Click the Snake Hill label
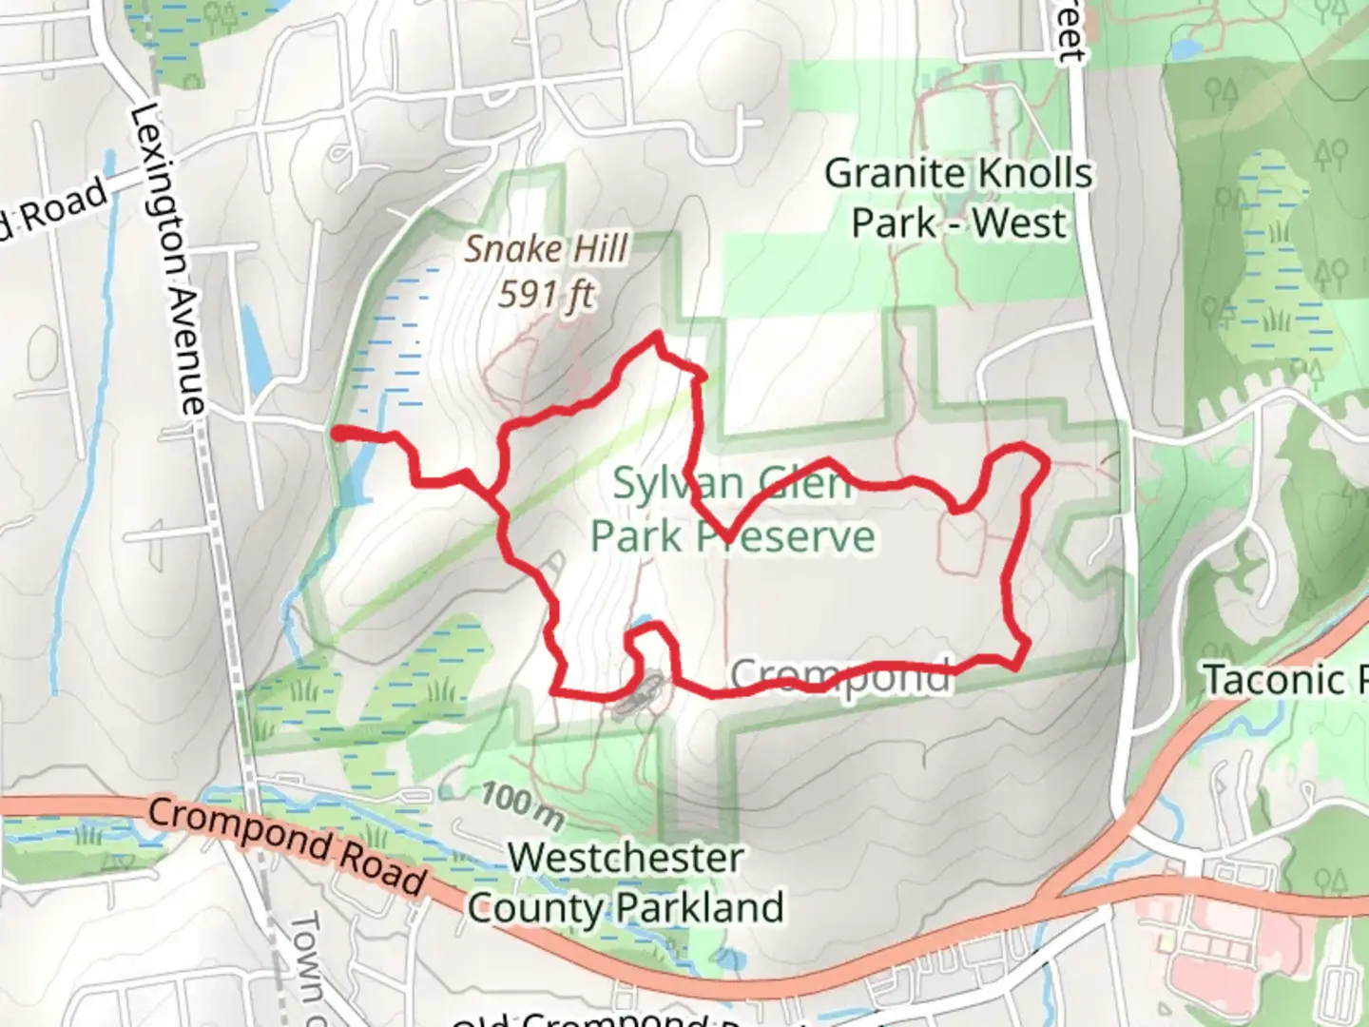pos(546,249)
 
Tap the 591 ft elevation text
pos(546,295)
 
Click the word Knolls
pos(1034,174)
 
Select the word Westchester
pos(626,858)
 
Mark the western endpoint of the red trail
pos(337,434)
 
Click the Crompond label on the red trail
pos(840,676)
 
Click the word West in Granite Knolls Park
pos(1019,223)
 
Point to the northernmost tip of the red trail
pos(656,334)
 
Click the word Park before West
pos(894,223)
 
